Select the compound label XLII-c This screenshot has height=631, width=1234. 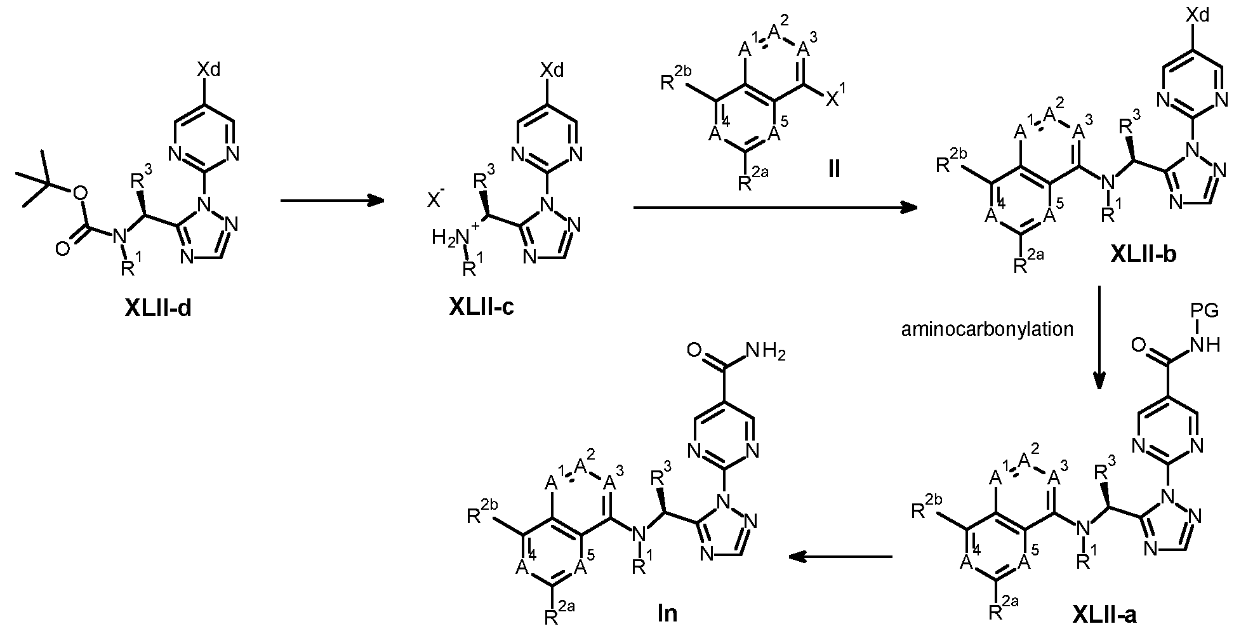[x=482, y=308]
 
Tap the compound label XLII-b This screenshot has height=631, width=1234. [x=1144, y=254]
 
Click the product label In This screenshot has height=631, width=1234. [x=667, y=613]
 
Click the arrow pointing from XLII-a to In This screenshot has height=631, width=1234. [x=840, y=557]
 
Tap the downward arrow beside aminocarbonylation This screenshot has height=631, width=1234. [x=1099, y=336]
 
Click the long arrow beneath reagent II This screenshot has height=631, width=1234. [x=775, y=208]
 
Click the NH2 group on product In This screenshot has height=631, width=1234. [x=766, y=350]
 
